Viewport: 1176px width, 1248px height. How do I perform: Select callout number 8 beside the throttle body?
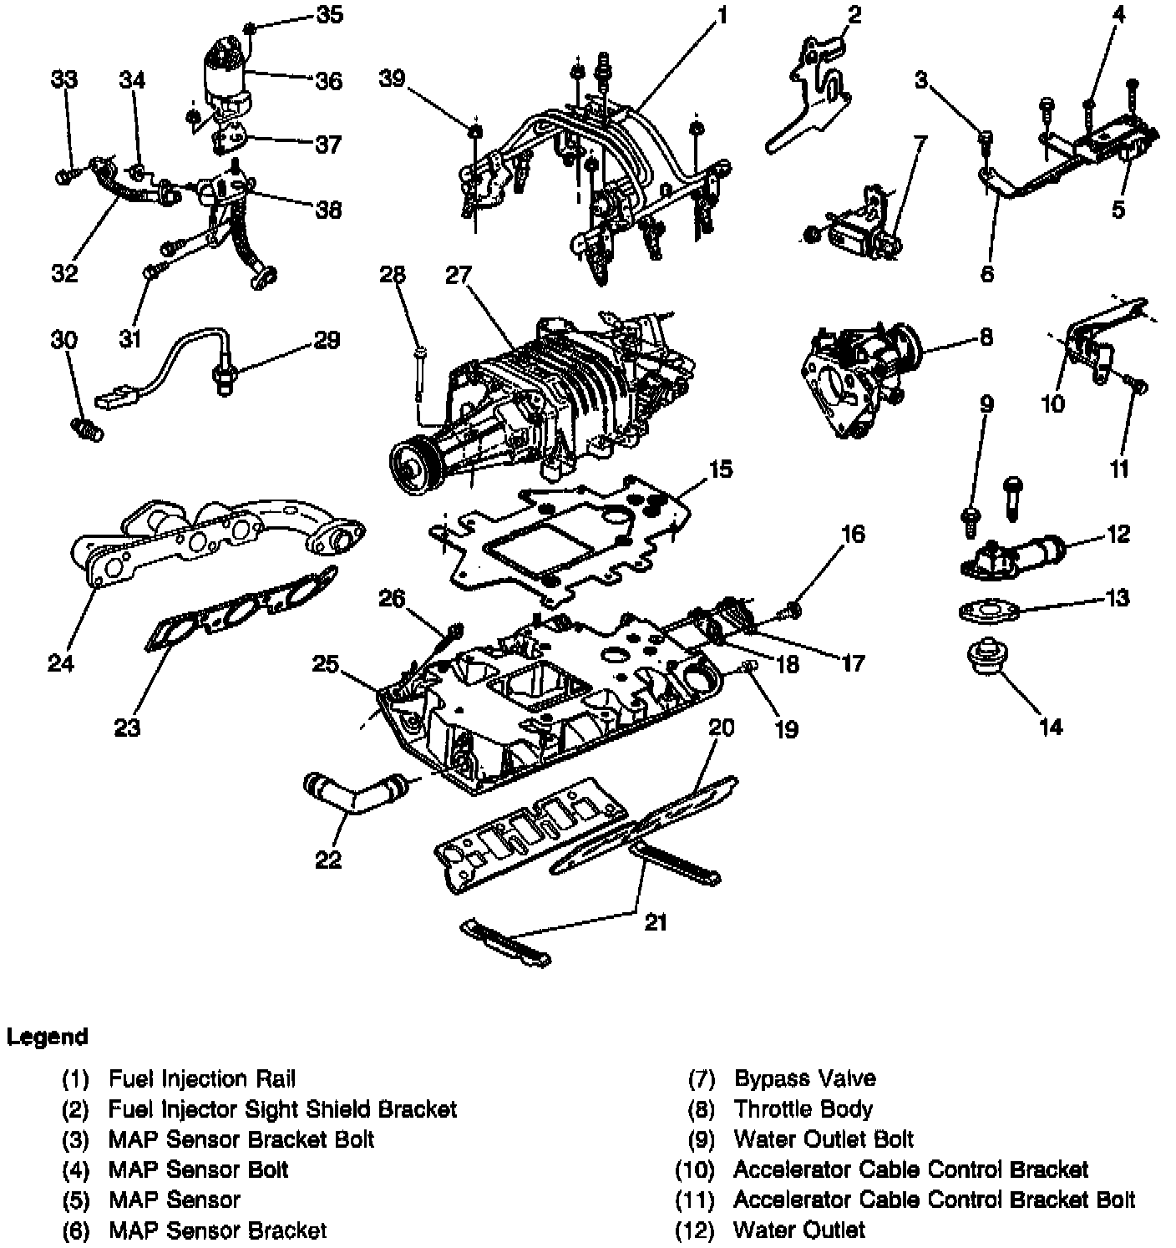coord(986,337)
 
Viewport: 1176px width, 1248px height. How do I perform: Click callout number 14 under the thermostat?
coord(1052,727)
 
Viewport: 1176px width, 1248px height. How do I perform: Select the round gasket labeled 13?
coord(989,611)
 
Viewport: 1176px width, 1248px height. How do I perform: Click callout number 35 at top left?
coord(329,15)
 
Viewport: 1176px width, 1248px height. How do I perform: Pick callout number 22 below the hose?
coord(328,860)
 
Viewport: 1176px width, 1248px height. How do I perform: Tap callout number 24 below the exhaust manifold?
coord(61,663)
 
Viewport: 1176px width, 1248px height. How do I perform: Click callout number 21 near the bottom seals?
coord(656,923)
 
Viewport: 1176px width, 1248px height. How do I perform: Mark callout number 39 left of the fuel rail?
coord(393,79)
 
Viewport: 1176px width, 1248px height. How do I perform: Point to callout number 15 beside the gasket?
coord(720,469)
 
